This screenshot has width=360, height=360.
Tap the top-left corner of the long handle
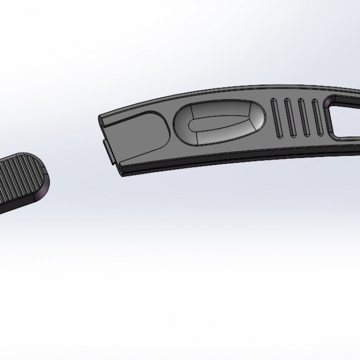click(102, 116)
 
